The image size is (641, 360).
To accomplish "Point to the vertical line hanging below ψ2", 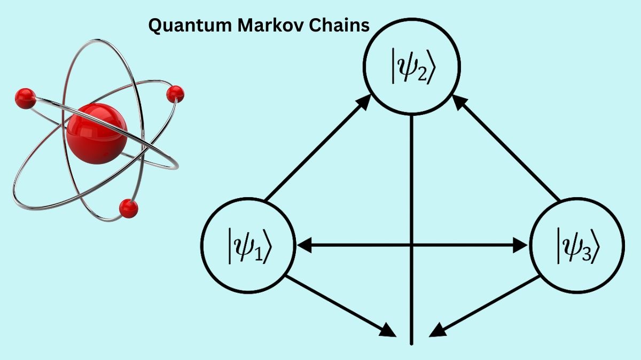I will point(412,214).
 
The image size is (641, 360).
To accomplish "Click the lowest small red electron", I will point(128,208).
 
